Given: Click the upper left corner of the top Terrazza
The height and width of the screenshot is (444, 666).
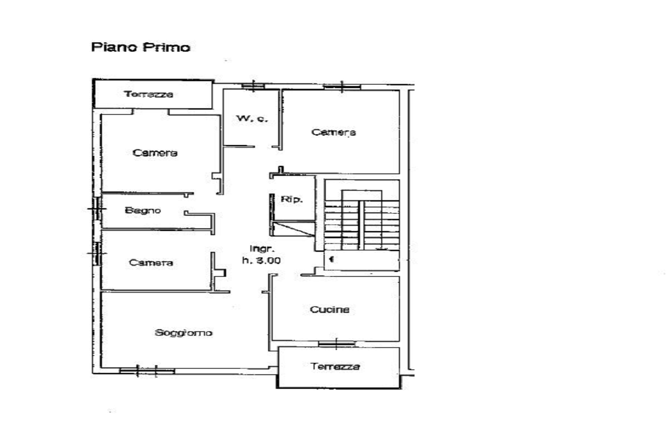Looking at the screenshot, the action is coord(93,80).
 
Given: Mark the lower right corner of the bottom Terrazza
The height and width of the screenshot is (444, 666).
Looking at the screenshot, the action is coord(400,387).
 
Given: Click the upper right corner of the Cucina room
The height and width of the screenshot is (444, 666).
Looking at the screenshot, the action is coord(399,277).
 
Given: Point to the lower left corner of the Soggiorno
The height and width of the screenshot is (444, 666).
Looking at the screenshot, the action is coord(101,368).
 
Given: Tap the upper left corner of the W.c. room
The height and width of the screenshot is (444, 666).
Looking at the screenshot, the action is coord(223,90).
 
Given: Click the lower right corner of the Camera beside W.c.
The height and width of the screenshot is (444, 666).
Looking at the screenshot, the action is coord(399,173).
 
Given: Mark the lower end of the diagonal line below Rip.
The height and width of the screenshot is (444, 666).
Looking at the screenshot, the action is coord(314,236).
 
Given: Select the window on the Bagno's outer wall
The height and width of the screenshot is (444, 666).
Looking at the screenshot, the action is coord(98,208).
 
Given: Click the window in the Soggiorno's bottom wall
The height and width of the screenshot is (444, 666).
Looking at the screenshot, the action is coord(147,371).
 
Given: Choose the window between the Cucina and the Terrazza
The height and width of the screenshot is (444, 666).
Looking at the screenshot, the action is coord(336,344).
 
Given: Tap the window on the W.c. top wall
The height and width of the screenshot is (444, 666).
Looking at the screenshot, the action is coord(253,86).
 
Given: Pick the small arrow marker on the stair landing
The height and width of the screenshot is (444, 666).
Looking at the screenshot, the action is coord(332,259).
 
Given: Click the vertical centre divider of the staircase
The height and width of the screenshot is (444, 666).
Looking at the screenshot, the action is coord(361,225).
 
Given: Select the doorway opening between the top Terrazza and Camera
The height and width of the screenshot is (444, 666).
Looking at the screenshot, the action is coord(151,112).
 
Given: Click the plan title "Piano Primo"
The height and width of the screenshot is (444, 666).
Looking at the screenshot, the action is coord(141,47).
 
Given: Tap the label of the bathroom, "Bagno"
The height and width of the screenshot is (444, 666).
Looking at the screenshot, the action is coord(143,211).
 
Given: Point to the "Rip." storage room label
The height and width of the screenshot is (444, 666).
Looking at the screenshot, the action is coord(291,199).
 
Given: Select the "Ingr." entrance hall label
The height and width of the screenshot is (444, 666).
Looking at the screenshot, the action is coord(262,249).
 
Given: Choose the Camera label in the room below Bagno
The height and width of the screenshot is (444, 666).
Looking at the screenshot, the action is coord(151,263).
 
